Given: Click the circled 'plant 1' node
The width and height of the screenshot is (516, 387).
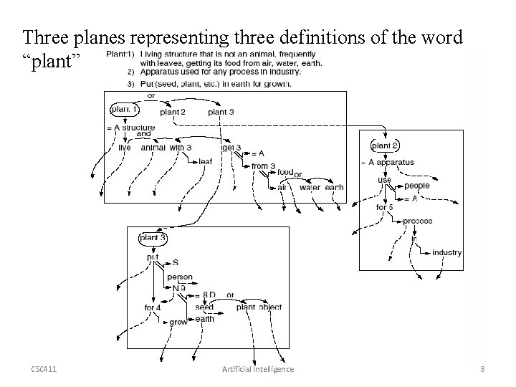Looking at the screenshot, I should pyautogui.click(x=125, y=110).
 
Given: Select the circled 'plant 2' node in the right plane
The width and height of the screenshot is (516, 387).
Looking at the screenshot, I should pyautogui.click(x=386, y=145).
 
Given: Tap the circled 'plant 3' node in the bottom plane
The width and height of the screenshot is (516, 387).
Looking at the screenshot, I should pyautogui.click(x=153, y=237).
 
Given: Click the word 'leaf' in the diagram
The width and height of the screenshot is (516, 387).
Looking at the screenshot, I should pyautogui.click(x=205, y=161).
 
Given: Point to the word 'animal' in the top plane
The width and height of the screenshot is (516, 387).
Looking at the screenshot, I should pyautogui.click(x=154, y=148).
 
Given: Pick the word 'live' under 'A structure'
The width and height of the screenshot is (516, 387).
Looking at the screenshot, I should pyautogui.click(x=125, y=148).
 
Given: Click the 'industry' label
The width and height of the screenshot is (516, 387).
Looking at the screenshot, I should pyautogui.click(x=446, y=252).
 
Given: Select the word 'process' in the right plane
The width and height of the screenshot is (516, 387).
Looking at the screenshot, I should pyautogui.click(x=417, y=221).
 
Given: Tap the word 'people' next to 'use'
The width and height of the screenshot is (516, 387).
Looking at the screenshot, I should pyautogui.click(x=416, y=186).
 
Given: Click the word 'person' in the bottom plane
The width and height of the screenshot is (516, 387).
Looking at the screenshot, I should pyautogui.click(x=180, y=277).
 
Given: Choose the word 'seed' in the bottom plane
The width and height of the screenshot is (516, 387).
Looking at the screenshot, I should pyautogui.click(x=204, y=307).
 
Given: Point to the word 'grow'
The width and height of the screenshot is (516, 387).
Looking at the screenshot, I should pyautogui.click(x=178, y=322).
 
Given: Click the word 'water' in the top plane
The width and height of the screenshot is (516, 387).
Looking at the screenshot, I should pyautogui.click(x=310, y=188).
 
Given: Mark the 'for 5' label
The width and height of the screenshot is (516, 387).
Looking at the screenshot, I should pyautogui.click(x=385, y=207).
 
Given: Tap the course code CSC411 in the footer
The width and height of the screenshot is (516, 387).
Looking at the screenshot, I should pyautogui.click(x=44, y=369).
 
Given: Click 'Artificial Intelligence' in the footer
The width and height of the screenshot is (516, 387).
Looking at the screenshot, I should pyautogui.click(x=259, y=369).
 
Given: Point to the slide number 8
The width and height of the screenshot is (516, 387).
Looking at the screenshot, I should pyautogui.click(x=482, y=369).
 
